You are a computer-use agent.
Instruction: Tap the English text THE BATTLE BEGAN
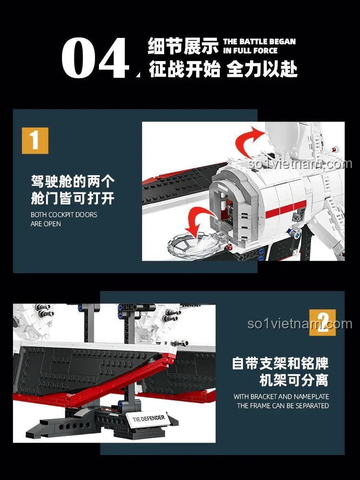tap(259, 42)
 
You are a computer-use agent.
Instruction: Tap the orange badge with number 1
tap(35, 140)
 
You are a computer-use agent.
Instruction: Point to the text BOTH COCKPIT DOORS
tap(64, 215)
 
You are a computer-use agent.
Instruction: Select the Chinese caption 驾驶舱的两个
tap(72, 181)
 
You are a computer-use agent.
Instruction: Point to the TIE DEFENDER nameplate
tap(148, 419)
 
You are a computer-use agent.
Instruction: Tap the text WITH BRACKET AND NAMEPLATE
tap(281, 396)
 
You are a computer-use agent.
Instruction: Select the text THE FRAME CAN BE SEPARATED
tap(283, 406)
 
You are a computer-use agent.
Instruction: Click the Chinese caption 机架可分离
tap(294, 381)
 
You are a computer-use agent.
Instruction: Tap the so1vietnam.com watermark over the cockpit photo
tap(300, 164)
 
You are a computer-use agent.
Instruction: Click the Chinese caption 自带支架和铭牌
tap(280, 363)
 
